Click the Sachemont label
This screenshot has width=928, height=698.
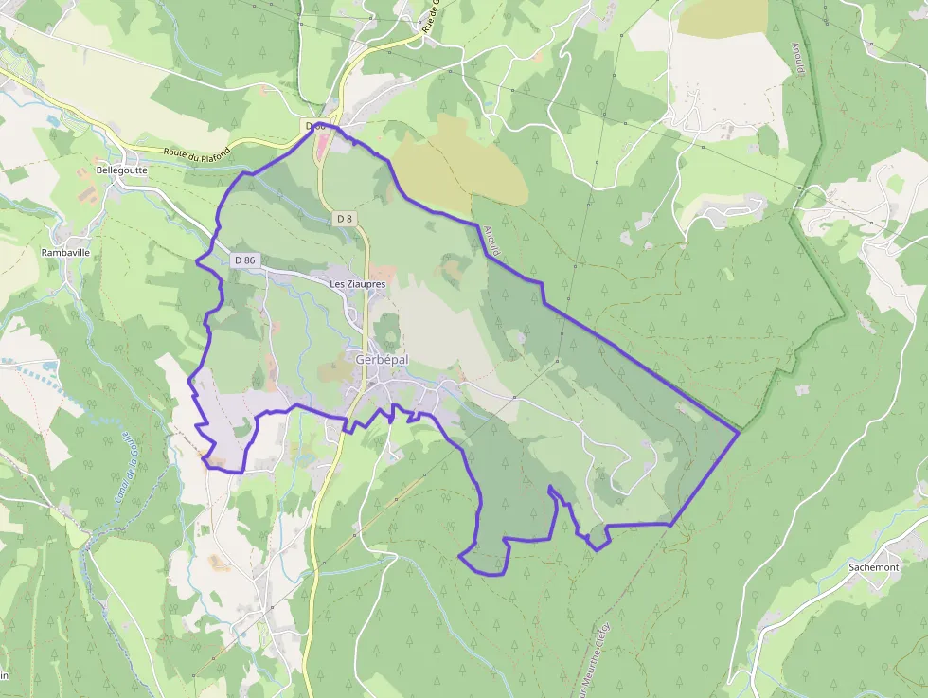click(x=873, y=566)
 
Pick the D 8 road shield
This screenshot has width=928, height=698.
click(x=344, y=219)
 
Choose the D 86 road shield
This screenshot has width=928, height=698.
click(x=243, y=260)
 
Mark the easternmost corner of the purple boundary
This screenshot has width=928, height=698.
click(x=738, y=434)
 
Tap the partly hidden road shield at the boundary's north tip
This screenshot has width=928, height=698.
click(x=316, y=126)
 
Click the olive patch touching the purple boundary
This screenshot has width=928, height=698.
click(x=459, y=170)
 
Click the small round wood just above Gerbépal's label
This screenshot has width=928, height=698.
click(x=387, y=331)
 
